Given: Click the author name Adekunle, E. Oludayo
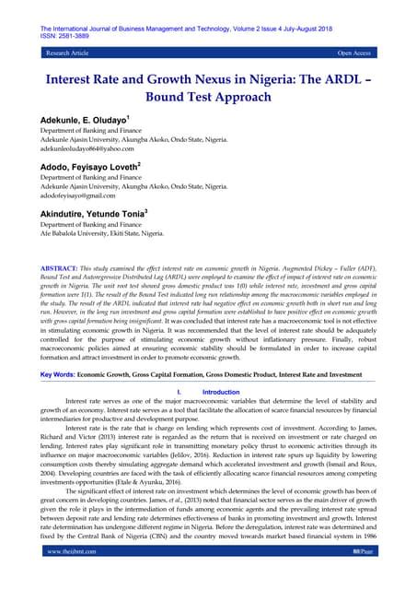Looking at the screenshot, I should tap(80, 121).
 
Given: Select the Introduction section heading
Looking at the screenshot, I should tap(221, 392).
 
